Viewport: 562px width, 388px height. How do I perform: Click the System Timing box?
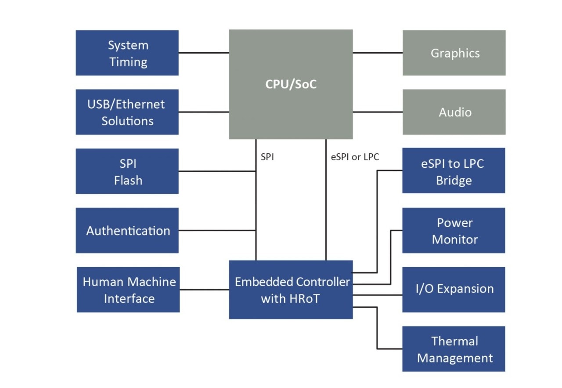pyautogui.click(x=127, y=53)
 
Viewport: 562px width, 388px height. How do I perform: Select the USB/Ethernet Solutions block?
pyautogui.click(x=127, y=112)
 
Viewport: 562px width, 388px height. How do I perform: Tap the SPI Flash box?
pyautogui.click(x=127, y=171)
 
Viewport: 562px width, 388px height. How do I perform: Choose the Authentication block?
pyautogui.click(x=127, y=231)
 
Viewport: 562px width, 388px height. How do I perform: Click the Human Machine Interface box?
pyautogui.click(x=128, y=290)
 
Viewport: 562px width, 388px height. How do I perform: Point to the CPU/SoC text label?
pyautogui.click(x=291, y=84)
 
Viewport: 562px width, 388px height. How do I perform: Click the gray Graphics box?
pyautogui.click(x=454, y=53)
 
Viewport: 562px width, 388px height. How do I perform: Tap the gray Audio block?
pyautogui.click(x=454, y=112)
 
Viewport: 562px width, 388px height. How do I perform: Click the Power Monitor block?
pyautogui.click(x=454, y=231)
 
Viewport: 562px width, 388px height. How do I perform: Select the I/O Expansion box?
pyautogui.click(x=454, y=289)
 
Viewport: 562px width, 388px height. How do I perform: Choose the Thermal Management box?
pyautogui.click(x=454, y=349)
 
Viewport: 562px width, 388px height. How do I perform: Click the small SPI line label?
pyautogui.click(x=267, y=157)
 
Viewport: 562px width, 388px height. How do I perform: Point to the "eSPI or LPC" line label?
pyautogui.click(x=355, y=157)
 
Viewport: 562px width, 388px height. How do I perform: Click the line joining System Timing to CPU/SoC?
pyautogui.click(x=204, y=53)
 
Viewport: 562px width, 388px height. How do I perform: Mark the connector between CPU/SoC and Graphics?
pyautogui.click(x=378, y=53)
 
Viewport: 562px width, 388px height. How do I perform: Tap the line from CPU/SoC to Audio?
pyautogui.click(x=378, y=112)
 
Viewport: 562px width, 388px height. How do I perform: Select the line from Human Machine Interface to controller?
pyautogui.click(x=204, y=290)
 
